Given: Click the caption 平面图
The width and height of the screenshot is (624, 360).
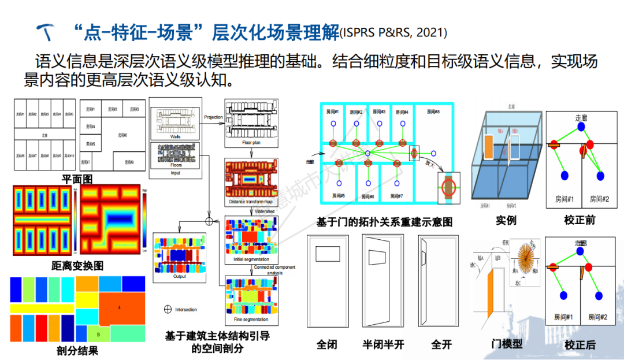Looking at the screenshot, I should coord(77,180).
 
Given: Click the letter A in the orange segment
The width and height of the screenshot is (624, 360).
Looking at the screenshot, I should coord(119,307).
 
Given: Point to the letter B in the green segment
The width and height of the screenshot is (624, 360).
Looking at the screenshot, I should coord(99,334).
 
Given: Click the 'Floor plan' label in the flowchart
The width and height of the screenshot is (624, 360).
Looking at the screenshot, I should coord(249,141).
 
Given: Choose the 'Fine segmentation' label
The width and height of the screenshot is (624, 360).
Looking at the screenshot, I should coord(250,319).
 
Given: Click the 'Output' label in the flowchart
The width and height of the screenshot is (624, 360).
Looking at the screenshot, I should coord(179,277).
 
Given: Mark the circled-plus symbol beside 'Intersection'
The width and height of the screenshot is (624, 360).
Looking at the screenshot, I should coord(168,309).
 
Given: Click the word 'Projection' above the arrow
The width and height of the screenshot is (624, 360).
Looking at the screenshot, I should coord(213,117).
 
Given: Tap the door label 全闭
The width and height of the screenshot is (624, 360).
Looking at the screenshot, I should coord(326,344).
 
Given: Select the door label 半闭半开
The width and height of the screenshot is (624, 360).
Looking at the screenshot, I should coord(383,344).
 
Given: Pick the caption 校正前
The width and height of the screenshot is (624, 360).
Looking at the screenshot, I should coord(580,220).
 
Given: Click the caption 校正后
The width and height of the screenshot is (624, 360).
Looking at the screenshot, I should coord(580,345).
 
